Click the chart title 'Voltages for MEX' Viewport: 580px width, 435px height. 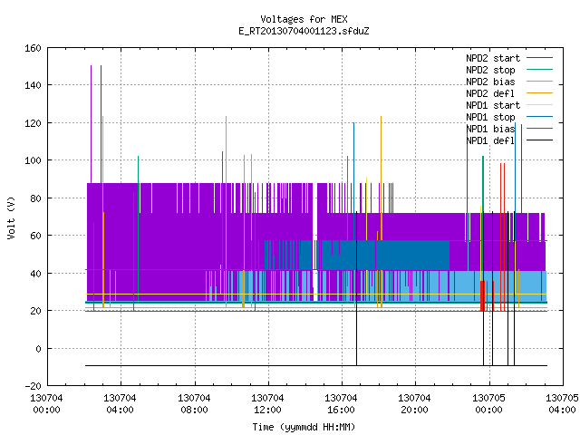(x=304, y=19)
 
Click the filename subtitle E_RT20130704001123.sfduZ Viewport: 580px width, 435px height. (x=304, y=31)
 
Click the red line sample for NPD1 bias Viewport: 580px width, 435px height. (x=540, y=129)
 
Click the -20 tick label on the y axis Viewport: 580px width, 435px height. (x=33, y=386)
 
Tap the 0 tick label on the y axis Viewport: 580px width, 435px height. (x=38, y=348)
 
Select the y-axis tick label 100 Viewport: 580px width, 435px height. (x=33, y=160)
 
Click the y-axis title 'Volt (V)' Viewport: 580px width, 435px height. (x=11, y=218)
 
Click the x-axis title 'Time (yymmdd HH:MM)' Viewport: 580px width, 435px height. (x=304, y=427)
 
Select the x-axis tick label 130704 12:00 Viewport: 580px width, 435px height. (x=267, y=404)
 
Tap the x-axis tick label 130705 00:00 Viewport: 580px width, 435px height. (x=488, y=404)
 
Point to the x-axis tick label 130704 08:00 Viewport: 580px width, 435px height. (x=194, y=404)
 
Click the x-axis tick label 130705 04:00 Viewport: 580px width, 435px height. (x=562, y=404)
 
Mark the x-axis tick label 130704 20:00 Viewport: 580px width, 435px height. (x=414, y=404)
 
